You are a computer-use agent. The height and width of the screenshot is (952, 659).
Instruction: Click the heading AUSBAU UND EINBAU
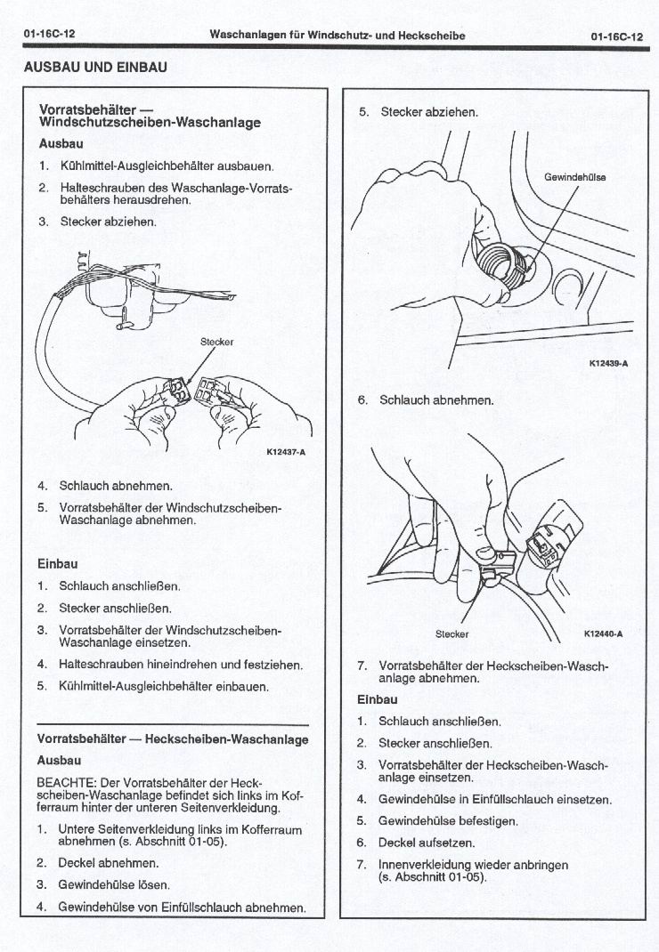(x=95, y=67)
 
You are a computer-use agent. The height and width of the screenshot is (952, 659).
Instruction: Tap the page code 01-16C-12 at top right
(x=616, y=36)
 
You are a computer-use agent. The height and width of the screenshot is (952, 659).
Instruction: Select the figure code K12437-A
(x=286, y=451)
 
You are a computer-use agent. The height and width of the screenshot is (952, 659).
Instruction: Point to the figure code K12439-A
(x=608, y=363)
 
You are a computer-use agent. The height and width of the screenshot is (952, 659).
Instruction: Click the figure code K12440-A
(x=603, y=633)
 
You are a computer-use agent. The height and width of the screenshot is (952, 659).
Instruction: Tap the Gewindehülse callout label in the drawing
(x=574, y=177)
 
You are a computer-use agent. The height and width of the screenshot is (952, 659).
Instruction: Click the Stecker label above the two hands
(x=216, y=341)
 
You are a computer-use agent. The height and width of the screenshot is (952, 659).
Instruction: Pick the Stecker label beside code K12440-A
(x=452, y=634)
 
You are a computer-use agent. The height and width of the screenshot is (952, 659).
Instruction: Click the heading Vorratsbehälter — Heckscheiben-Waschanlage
(x=173, y=739)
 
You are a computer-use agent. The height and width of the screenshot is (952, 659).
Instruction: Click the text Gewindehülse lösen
(x=113, y=884)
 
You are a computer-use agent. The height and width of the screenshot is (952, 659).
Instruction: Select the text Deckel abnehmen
(x=109, y=863)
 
